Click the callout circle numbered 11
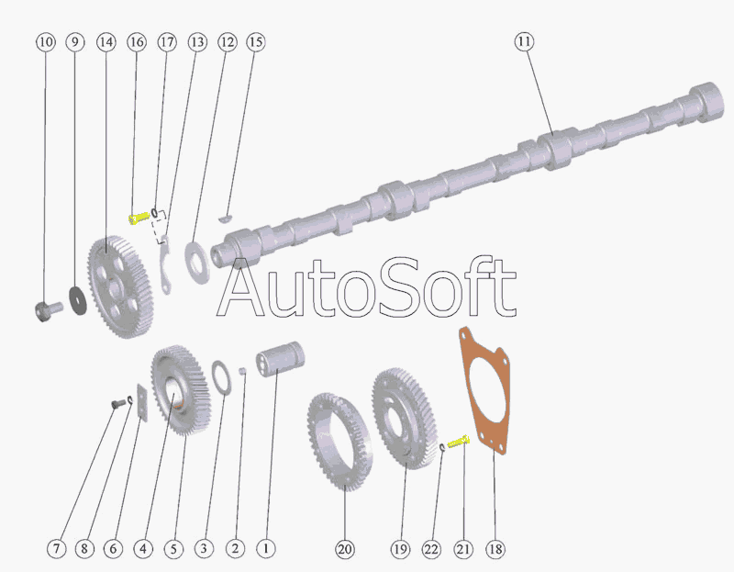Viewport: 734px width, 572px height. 524,42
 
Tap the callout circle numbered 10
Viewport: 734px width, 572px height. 47,42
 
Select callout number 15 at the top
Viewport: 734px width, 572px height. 255,42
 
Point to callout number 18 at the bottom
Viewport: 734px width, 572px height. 495,549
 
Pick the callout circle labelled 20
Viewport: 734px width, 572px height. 344,549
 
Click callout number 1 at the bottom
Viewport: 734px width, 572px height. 265,549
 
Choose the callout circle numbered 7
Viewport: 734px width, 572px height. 57,549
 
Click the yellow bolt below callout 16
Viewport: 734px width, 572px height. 138,218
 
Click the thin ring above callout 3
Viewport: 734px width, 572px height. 221,375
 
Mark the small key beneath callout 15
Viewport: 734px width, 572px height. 226,219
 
